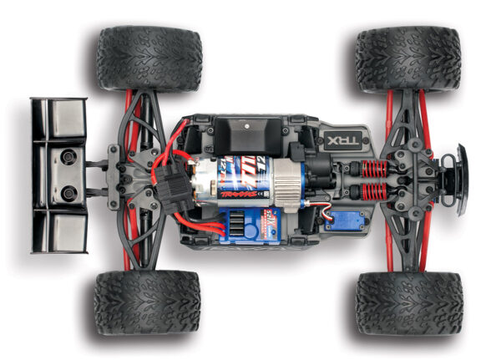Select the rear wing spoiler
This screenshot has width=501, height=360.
(x=58, y=175)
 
